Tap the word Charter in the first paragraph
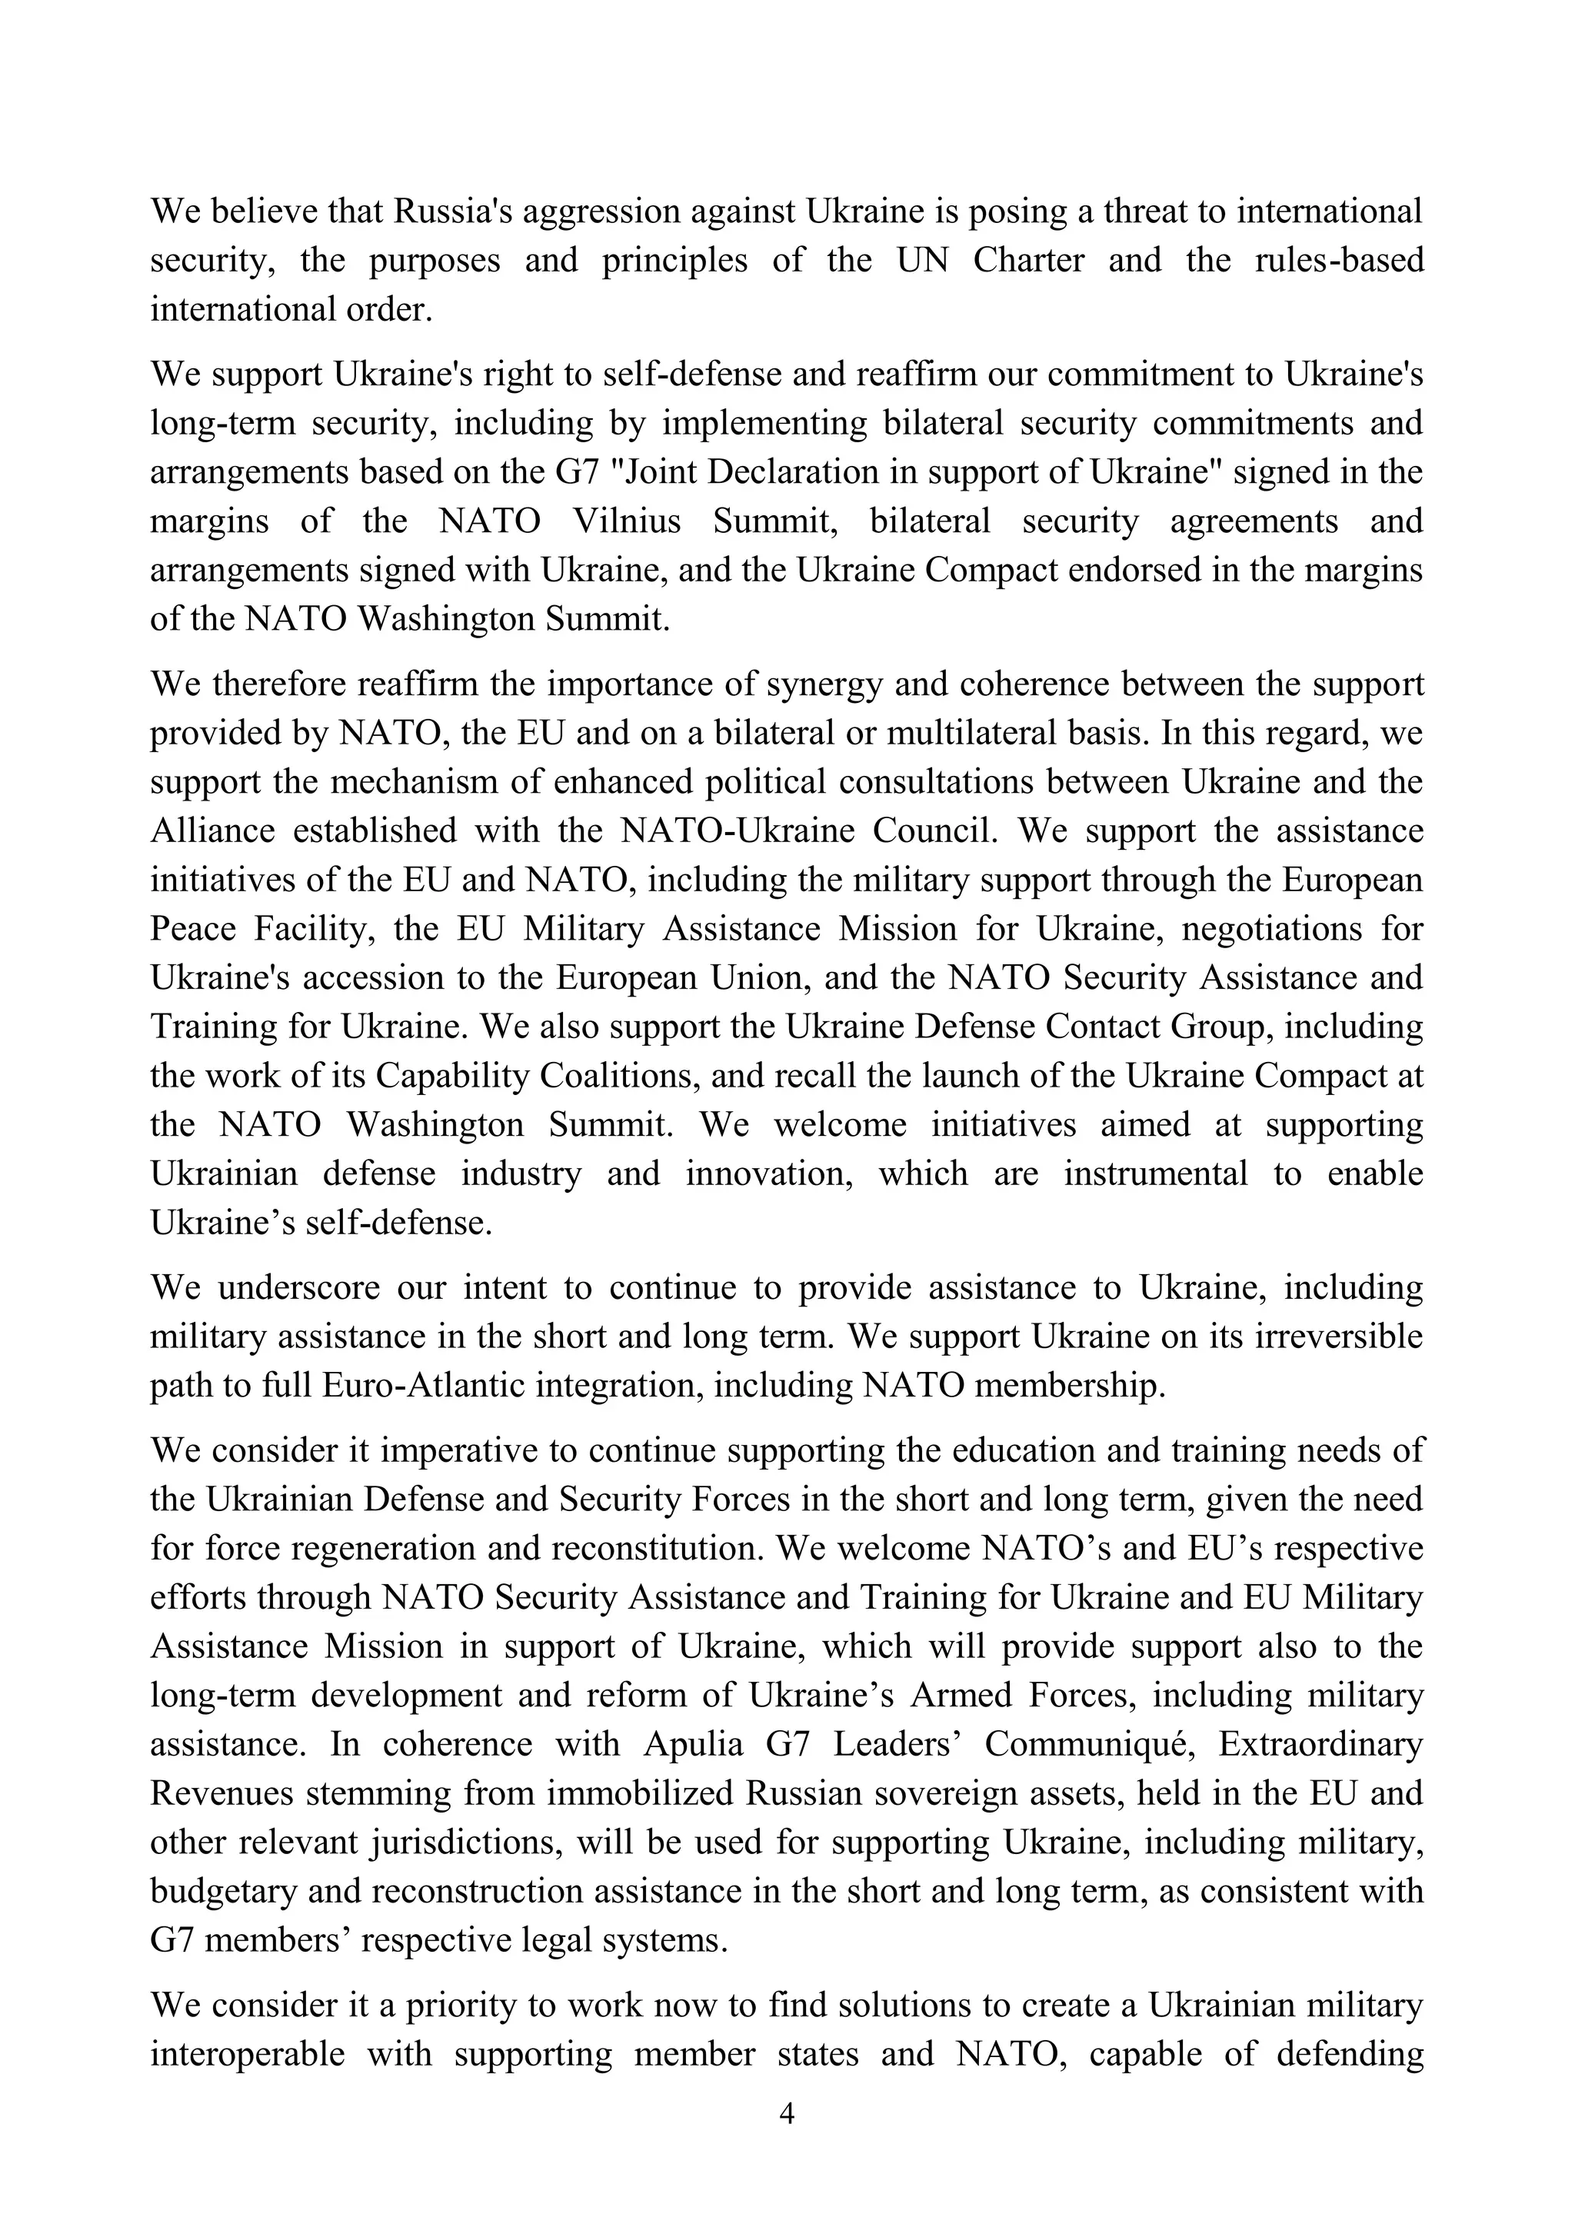point(1028,260)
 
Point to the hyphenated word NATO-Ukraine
point(737,831)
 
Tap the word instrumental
point(1155,1173)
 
